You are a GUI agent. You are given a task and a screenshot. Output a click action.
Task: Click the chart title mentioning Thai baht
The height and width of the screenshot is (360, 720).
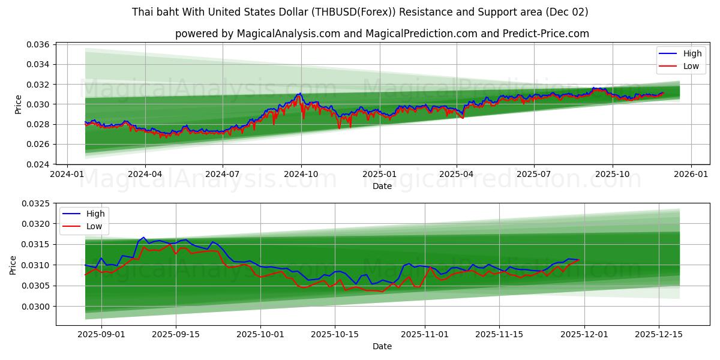point(360,12)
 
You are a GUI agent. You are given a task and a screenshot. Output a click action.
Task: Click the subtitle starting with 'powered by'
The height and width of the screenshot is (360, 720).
point(382,34)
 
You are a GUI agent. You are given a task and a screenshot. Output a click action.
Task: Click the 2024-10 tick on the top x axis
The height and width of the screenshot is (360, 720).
point(301,174)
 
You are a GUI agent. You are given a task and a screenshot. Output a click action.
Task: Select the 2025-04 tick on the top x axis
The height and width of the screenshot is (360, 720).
point(457,174)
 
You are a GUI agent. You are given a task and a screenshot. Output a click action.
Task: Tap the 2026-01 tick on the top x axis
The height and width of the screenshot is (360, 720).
point(691,174)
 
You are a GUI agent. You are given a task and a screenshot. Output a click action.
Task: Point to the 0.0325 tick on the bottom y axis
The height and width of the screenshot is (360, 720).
point(36,203)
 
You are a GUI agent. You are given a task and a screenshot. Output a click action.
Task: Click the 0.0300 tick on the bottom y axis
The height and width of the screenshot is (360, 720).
point(36,307)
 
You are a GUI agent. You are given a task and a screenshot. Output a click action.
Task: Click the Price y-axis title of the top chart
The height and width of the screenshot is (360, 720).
point(19,104)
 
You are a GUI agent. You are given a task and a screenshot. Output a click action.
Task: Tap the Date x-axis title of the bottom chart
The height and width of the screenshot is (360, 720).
point(382,346)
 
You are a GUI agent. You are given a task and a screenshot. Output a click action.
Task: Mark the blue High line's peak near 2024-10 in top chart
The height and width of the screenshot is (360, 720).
point(299,94)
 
